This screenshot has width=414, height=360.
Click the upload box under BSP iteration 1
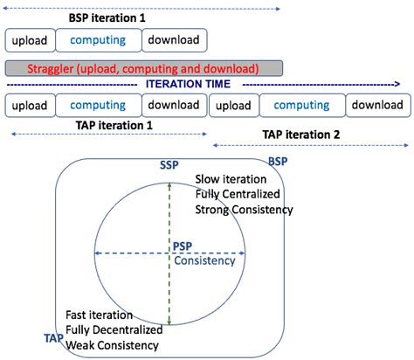[30, 40]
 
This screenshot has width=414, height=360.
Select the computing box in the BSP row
[99, 40]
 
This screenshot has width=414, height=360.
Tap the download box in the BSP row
[175, 40]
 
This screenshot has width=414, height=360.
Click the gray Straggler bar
[143, 68]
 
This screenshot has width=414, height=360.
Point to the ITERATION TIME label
[188, 84]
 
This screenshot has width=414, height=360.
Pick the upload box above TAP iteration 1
[30, 106]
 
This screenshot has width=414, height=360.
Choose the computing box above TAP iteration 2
[302, 106]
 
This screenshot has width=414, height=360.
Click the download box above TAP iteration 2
[378, 106]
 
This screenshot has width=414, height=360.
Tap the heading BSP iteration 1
[107, 18]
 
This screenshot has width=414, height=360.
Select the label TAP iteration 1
[114, 126]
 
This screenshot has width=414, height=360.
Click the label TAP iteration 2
[301, 135]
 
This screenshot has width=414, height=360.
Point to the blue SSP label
[169, 165]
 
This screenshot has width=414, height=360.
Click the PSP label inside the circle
[183, 246]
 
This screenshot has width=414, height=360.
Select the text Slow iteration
[231, 179]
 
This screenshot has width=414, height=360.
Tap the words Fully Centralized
[238, 194]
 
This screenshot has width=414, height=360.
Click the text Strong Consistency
[244, 210]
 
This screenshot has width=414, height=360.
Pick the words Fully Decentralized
[114, 330]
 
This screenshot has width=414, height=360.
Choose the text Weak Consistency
[112, 345]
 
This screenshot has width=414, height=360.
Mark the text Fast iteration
[99, 315]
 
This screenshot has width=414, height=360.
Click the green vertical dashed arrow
[169, 253]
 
